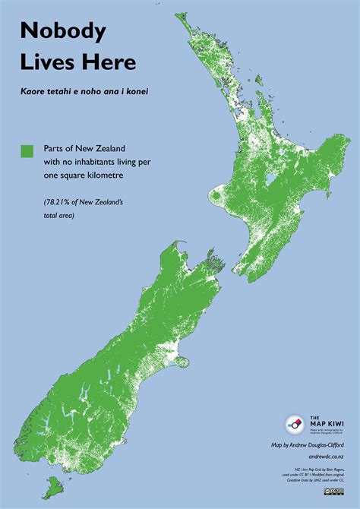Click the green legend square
tap(27, 151)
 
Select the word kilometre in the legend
tap(102, 175)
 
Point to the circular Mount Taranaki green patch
tap(216, 200)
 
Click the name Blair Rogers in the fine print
tap(338, 469)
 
